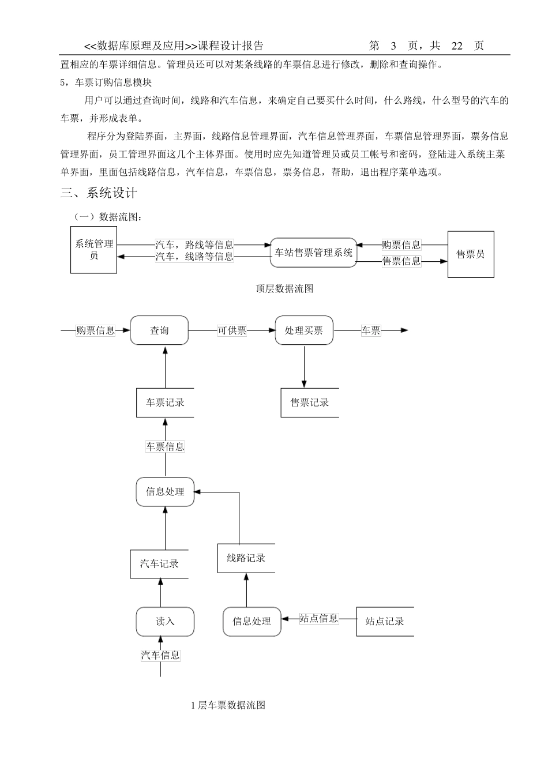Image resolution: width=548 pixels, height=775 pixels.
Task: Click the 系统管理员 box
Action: [x=93, y=250]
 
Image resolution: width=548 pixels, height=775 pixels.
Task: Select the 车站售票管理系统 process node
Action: [x=313, y=253]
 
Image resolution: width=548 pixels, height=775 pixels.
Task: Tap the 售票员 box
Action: [x=471, y=254]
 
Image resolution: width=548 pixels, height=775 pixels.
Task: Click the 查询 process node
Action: [x=159, y=330]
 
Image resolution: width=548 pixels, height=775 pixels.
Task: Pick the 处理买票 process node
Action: [x=304, y=330]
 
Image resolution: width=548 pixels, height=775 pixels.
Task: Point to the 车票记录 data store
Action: [x=165, y=402]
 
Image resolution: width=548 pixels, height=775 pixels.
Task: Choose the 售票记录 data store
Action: [x=310, y=402]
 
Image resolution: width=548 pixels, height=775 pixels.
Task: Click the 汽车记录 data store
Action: [x=159, y=564]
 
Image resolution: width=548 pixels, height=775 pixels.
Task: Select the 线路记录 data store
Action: [x=246, y=558]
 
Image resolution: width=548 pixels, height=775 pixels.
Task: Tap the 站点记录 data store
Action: [x=385, y=622]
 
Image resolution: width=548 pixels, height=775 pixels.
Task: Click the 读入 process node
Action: [x=165, y=622]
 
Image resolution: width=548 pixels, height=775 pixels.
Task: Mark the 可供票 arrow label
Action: [x=232, y=330]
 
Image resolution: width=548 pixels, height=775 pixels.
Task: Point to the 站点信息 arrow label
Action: [x=319, y=619]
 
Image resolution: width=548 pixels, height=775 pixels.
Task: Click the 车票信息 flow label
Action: [x=166, y=446]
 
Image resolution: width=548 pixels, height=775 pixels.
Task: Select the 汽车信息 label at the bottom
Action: [x=161, y=655]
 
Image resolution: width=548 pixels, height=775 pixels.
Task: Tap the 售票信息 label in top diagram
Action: [x=401, y=261]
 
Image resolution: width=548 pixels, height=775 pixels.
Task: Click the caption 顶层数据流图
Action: [x=284, y=289]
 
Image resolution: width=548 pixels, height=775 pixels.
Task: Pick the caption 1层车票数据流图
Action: [x=228, y=705]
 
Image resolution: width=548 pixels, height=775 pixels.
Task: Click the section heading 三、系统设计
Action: [x=99, y=193]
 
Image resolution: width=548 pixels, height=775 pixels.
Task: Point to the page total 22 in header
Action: [x=457, y=46]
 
